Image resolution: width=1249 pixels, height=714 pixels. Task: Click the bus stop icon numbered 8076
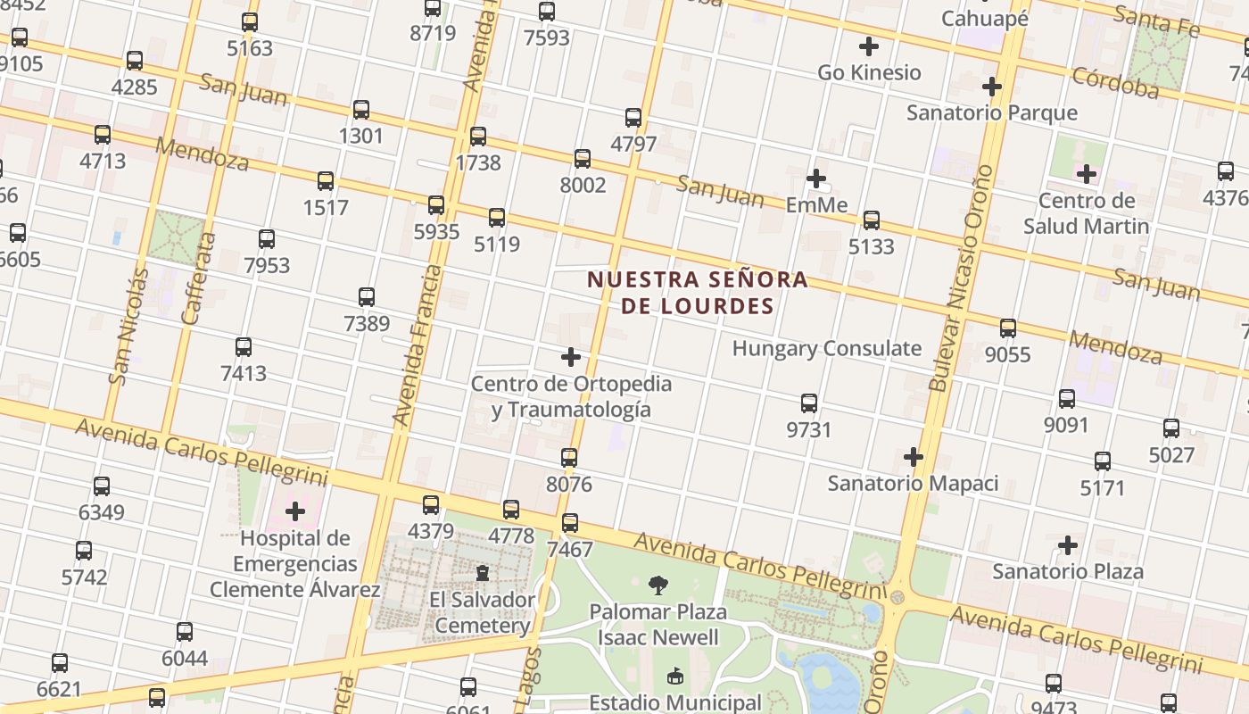coord(569,458)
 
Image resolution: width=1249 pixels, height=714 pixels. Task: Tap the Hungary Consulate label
coord(826,348)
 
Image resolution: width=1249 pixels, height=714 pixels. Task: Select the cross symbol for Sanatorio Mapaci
coord(913,457)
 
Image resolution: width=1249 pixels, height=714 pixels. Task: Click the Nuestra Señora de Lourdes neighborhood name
coord(697,293)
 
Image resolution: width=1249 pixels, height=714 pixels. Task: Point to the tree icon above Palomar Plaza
coord(658,585)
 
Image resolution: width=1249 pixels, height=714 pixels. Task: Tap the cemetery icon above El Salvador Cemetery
coord(482,572)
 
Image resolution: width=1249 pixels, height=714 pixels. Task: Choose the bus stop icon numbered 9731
coord(809,403)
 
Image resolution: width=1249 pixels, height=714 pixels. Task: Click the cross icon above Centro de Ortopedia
coord(571,358)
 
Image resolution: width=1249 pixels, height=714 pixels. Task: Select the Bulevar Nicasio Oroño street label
coord(960,278)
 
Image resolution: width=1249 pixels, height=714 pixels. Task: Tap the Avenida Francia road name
coord(418,345)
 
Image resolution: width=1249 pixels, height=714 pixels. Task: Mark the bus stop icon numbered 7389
coord(366,296)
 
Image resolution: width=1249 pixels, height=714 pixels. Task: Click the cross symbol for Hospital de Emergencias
coord(295,511)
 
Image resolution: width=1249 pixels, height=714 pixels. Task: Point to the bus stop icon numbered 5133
coord(871,220)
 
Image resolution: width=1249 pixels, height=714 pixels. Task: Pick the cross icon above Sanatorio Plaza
coord(1067,544)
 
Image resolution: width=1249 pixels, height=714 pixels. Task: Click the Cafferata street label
coord(199,278)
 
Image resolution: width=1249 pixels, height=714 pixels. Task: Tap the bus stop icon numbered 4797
coord(633,117)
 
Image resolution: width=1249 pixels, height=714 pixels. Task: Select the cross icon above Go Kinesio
coord(868,46)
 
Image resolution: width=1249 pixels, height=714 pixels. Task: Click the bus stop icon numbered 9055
coord(1007,328)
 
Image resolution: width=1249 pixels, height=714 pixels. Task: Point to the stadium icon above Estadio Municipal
coord(674,677)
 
